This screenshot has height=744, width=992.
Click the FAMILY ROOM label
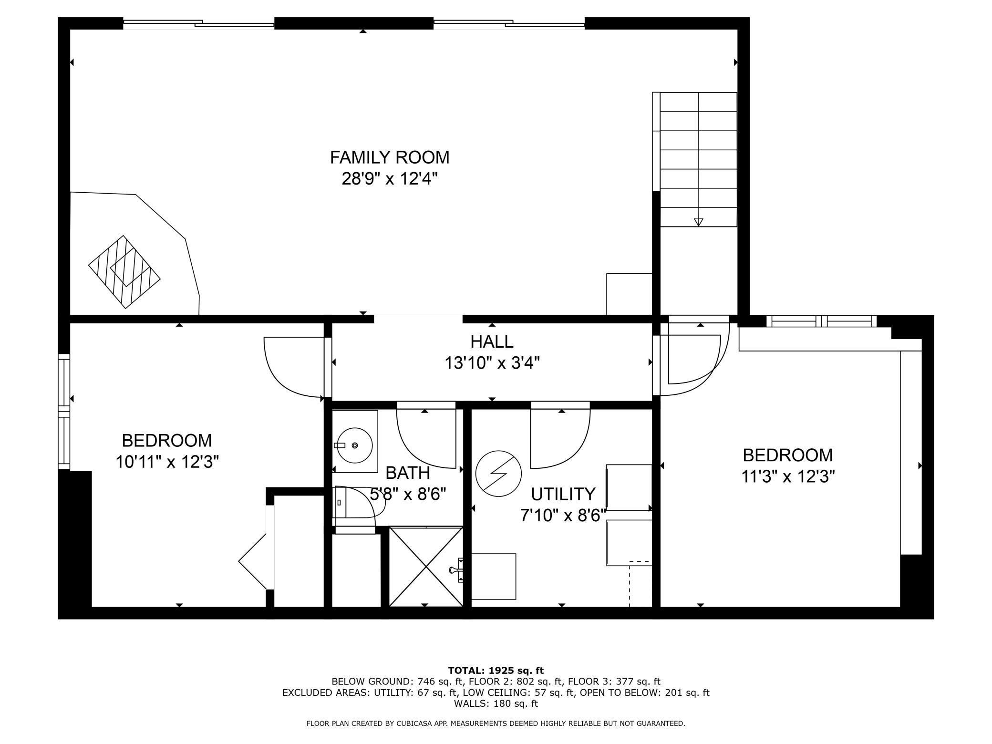tap(389, 157)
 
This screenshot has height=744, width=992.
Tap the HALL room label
tap(492, 341)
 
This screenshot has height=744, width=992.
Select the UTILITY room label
tap(563, 494)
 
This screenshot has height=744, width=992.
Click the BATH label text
tap(407, 473)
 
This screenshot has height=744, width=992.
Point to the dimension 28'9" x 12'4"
tap(389, 179)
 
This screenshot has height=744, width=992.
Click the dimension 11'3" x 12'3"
tap(788, 476)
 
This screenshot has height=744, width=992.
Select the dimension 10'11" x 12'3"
tap(167, 462)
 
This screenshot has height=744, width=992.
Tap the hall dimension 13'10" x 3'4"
tap(492, 363)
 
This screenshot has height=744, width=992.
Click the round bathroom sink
tap(354, 445)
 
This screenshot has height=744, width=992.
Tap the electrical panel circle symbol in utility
tap(498, 474)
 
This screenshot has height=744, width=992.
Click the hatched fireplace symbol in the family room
tap(124, 271)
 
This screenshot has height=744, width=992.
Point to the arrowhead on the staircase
tap(698, 222)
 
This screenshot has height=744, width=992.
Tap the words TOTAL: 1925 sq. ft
tap(496, 671)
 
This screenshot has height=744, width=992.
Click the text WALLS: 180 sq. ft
tap(496, 703)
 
